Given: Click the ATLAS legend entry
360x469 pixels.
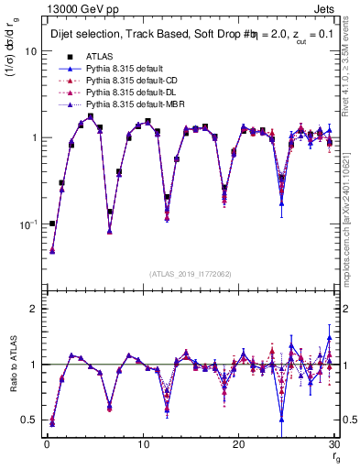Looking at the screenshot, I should click(x=99, y=56).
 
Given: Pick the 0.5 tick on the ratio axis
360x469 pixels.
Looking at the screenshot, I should click(x=29, y=420).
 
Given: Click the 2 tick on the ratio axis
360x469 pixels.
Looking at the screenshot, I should click(x=34, y=309).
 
